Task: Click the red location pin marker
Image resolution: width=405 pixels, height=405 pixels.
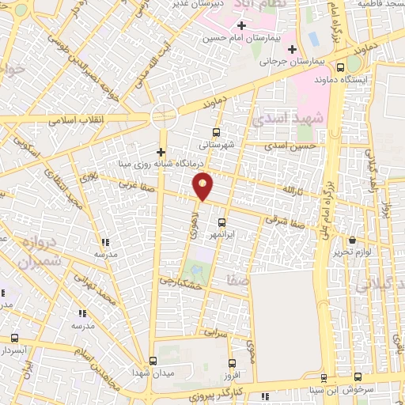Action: pyautogui.click(x=203, y=185)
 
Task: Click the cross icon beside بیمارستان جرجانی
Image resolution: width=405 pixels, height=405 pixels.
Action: pyautogui.click(x=293, y=49)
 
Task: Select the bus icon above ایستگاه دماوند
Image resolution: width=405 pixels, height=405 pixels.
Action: pyautogui.click(x=340, y=67)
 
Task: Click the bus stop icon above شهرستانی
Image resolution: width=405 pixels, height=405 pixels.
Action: pyautogui.click(x=218, y=132)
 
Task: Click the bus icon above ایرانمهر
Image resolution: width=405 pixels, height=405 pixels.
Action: pyautogui.click(x=221, y=222)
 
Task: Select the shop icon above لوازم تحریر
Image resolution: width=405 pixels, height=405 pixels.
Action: pyautogui.click(x=353, y=240)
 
